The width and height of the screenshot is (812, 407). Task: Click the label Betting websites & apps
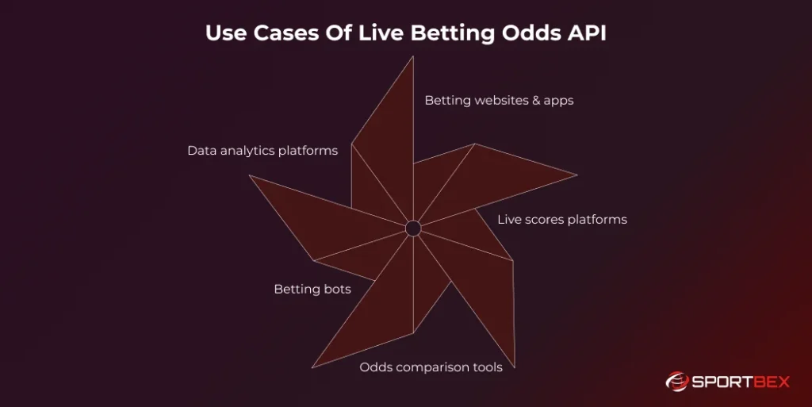[x=499, y=101]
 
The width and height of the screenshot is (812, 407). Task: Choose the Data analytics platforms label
[x=262, y=150]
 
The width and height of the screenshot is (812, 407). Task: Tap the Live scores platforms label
[x=562, y=219]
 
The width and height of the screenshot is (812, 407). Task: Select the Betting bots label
[x=312, y=289]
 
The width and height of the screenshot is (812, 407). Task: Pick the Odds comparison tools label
[x=431, y=367]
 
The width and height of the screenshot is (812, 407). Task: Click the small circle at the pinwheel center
[x=413, y=228]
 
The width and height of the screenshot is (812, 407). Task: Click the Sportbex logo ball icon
[x=676, y=382]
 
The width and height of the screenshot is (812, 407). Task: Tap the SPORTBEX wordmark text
[x=739, y=382]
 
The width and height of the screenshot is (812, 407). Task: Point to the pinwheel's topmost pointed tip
[x=413, y=57]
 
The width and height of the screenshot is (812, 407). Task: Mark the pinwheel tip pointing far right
[x=576, y=175]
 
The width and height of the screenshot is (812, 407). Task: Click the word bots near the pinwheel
[x=336, y=289]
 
